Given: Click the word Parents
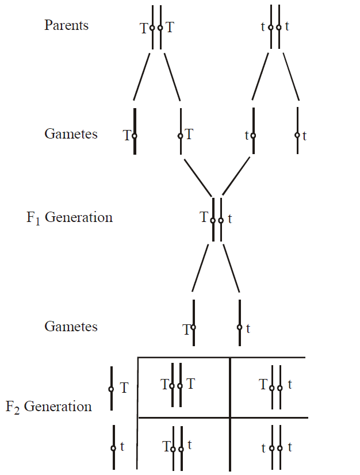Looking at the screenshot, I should tap(66, 26).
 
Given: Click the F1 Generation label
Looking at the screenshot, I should tap(70, 218).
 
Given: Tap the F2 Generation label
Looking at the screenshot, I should tap(49, 407).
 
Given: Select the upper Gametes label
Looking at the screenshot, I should tap(71, 135).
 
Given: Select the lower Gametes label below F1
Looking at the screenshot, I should tap(71, 327).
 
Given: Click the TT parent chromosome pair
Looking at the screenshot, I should tap(156, 27).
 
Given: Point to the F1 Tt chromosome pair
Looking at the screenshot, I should tap(217, 219).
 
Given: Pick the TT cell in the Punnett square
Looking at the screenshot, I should tap(177, 385).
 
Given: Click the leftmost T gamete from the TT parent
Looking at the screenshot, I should tap(134, 136).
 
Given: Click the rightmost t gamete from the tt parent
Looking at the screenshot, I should tap(298, 135).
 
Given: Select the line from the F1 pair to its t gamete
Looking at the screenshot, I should tap(231, 270).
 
